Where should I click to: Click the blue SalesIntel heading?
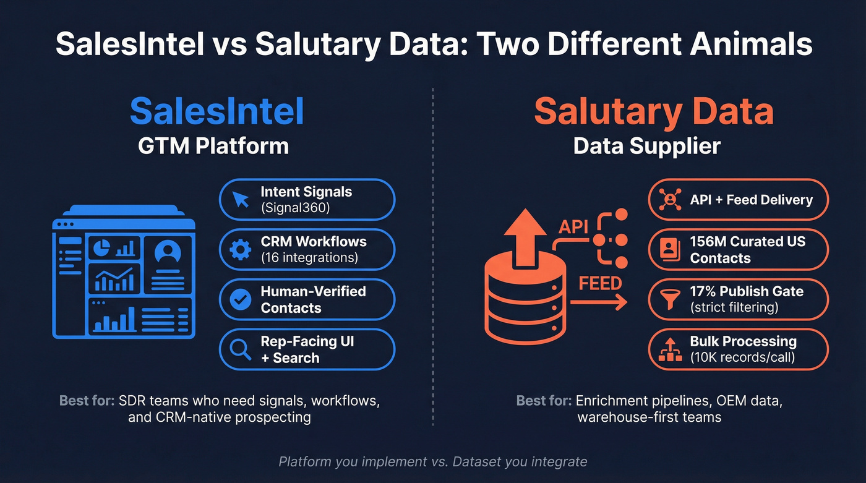pyautogui.click(x=216, y=111)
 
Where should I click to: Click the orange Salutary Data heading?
pyautogui.click(x=654, y=111)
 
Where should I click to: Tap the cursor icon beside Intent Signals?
pyautogui.click(x=240, y=199)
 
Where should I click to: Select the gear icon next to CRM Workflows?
pyautogui.click(x=240, y=249)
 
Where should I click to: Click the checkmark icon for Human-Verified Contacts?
pyautogui.click(x=240, y=299)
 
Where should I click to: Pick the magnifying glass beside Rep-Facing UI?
pyautogui.click(x=240, y=349)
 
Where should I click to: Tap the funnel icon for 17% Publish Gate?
pyautogui.click(x=669, y=299)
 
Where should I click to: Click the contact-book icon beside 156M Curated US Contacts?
pyautogui.click(x=669, y=249)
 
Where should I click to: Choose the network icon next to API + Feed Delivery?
pyautogui.click(x=669, y=199)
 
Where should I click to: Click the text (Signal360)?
pyautogui.click(x=295, y=208)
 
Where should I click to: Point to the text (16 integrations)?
pyautogui.click(x=309, y=258)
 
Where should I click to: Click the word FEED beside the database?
pyautogui.click(x=599, y=283)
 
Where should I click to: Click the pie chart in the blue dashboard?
pyautogui.click(x=101, y=247)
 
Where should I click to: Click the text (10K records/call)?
pyautogui.click(x=742, y=357)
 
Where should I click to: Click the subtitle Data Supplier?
pyautogui.click(x=646, y=146)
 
